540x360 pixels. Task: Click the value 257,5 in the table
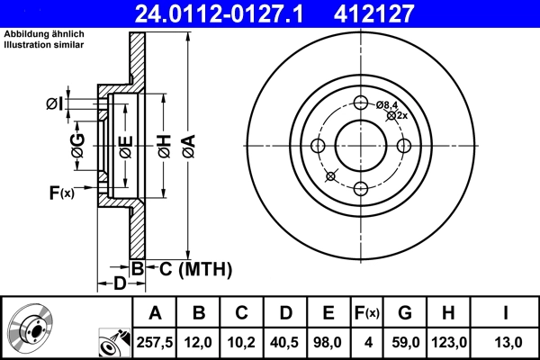155,342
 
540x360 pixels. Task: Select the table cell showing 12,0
199,342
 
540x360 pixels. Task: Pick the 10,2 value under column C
242,342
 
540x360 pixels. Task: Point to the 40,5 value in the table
285,342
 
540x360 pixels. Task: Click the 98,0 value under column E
328,342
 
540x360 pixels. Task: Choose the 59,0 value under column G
405,342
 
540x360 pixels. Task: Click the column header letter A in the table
155,313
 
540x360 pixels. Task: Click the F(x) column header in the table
366,313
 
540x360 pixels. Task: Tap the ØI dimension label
55,103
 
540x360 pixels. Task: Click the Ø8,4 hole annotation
388,104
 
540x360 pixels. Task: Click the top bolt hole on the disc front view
362,103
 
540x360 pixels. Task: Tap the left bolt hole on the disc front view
318,146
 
